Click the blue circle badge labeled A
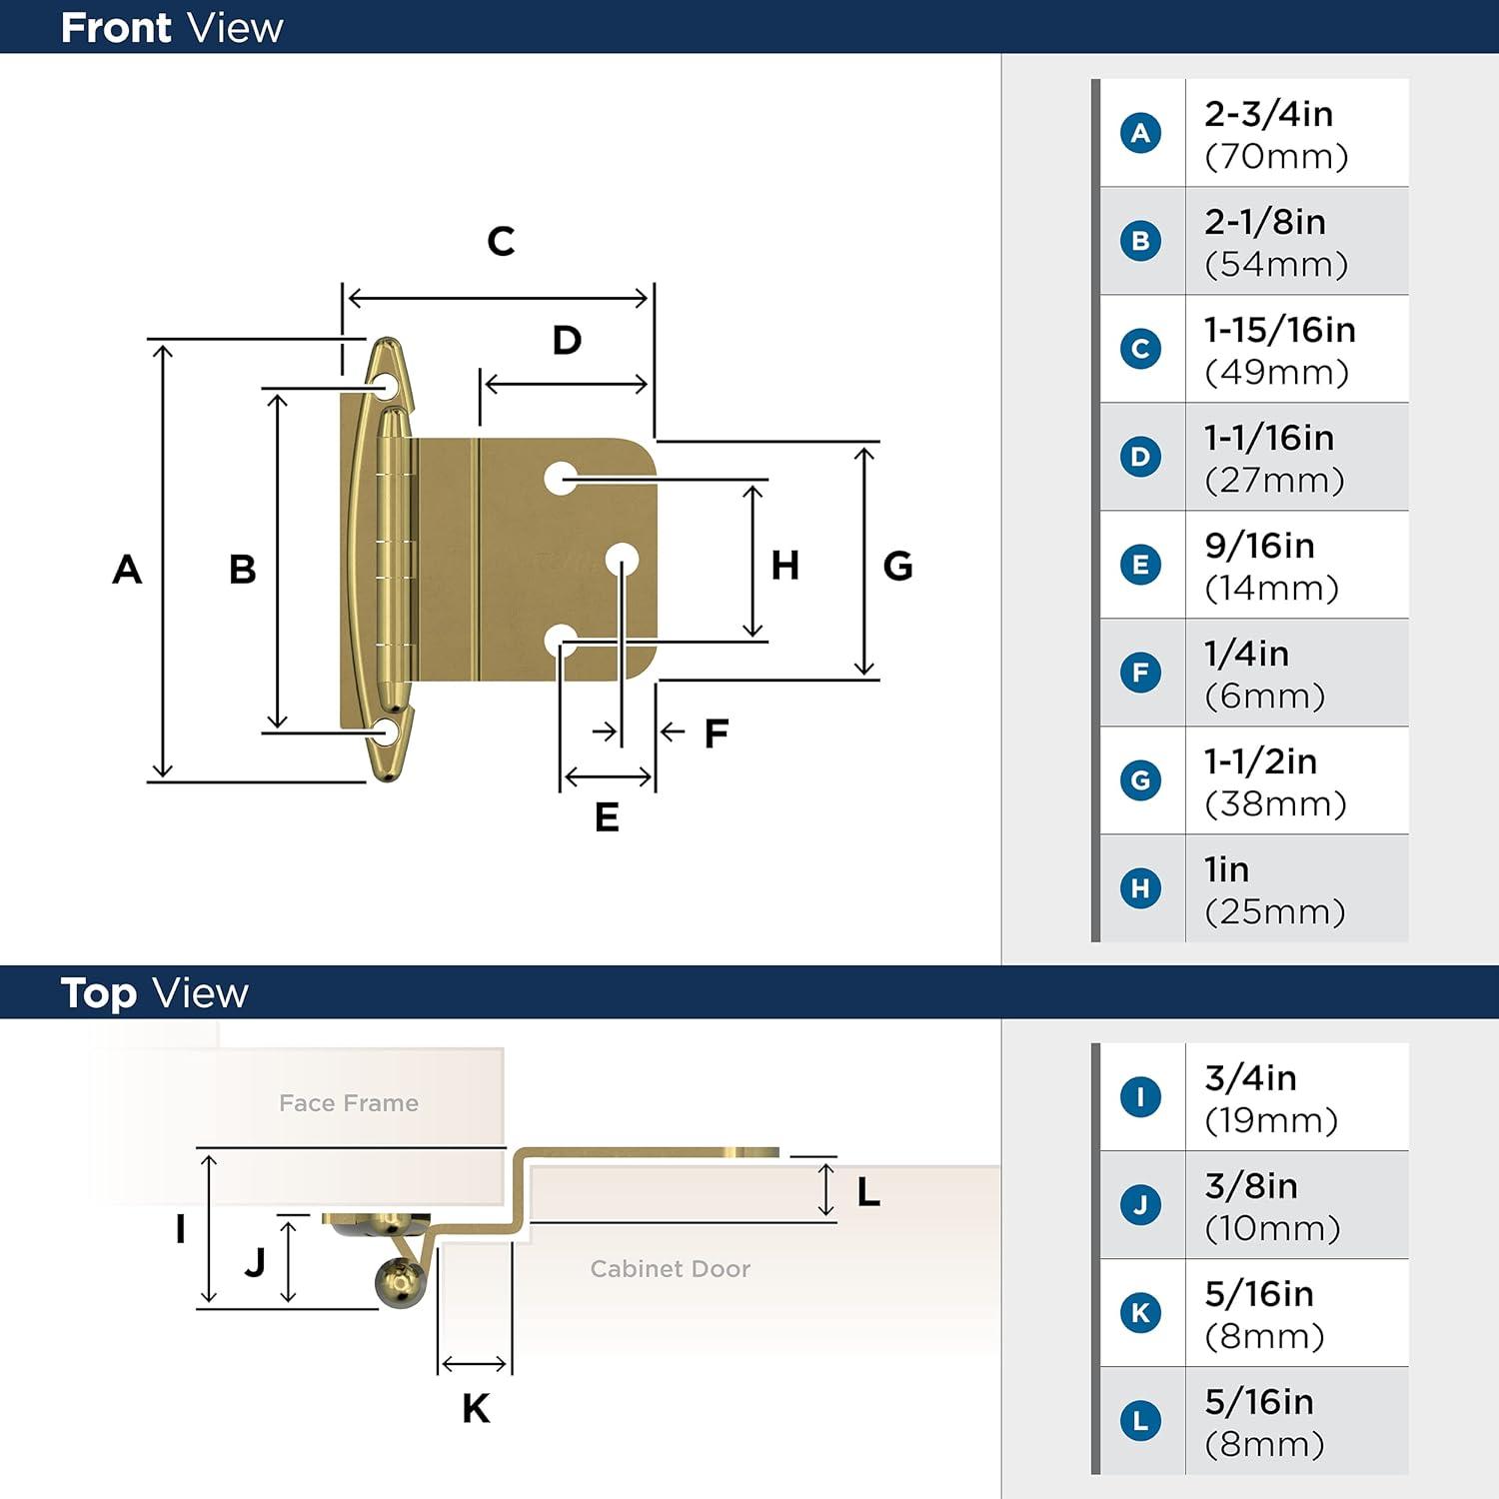pyautogui.click(x=1140, y=133)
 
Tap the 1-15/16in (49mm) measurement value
pyautogui.click(x=1279, y=350)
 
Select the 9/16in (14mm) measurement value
pyautogui.click(x=1271, y=566)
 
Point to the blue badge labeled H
pyautogui.click(x=1140, y=888)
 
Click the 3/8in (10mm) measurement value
pyautogui.click(x=1272, y=1206)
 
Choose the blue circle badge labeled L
pyautogui.click(x=1140, y=1421)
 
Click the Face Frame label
pyautogui.click(x=349, y=1103)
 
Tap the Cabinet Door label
pyautogui.click(x=670, y=1269)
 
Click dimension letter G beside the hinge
pyautogui.click(x=897, y=567)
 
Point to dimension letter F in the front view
pyautogui.click(x=716, y=734)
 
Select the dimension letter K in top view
pyautogui.click(x=476, y=1408)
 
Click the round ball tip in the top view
pyautogui.click(x=401, y=1282)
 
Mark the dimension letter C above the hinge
pyautogui.click(x=501, y=241)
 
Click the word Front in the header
pyautogui.click(x=116, y=28)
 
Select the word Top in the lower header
pyautogui.click(x=98, y=994)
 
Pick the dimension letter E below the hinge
pyautogui.click(x=607, y=817)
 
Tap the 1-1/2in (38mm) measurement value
pyautogui.click(x=1275, y=781)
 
